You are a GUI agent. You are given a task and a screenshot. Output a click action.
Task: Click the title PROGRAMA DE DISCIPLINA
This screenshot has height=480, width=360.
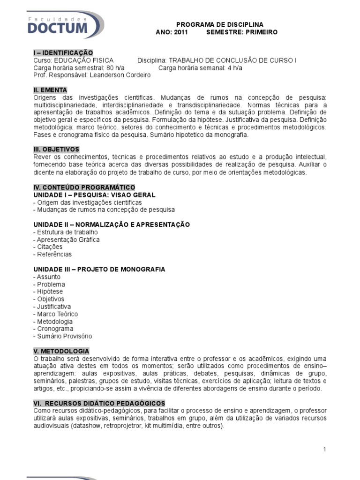coord(220,24)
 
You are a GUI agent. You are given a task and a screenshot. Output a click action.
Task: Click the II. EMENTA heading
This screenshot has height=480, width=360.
coord(50,90)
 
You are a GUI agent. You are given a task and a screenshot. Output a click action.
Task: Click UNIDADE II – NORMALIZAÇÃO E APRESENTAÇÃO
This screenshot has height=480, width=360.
coord(112,225)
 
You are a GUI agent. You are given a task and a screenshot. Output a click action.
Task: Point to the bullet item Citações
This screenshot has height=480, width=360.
coord(49,247)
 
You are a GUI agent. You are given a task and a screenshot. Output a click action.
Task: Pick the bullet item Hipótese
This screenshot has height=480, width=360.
coord(51,292)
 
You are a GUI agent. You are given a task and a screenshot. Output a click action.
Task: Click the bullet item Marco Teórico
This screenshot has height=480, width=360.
coord(57,314)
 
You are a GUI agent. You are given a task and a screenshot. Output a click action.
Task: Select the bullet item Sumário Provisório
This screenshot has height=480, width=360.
coord(64,336)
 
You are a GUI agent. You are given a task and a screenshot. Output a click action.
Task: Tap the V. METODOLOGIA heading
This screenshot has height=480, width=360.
coord(61,351)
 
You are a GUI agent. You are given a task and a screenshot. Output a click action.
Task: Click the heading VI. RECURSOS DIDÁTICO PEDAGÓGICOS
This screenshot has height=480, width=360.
coord(99,403)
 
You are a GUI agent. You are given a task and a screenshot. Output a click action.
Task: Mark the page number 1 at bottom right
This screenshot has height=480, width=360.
coord(324,449)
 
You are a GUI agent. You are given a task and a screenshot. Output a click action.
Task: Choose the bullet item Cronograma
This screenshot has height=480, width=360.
coord(54,329)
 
